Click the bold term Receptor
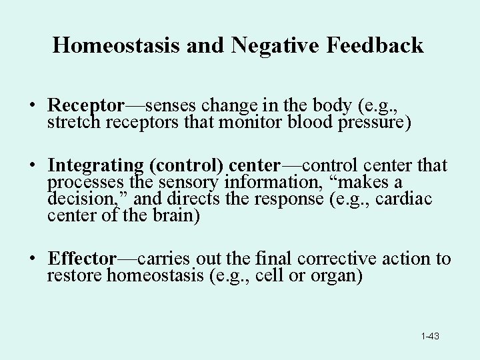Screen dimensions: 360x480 point(86,106)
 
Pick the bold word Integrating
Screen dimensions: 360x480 point(95,165)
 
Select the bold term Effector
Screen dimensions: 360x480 point(83,259)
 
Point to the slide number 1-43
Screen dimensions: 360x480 point(430,336)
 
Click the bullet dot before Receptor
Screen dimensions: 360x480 point(32,107)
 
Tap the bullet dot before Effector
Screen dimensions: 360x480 point(32,259)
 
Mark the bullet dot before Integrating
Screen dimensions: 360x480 point(32,166)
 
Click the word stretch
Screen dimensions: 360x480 point(71,123)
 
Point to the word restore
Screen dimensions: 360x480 point(75,276)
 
